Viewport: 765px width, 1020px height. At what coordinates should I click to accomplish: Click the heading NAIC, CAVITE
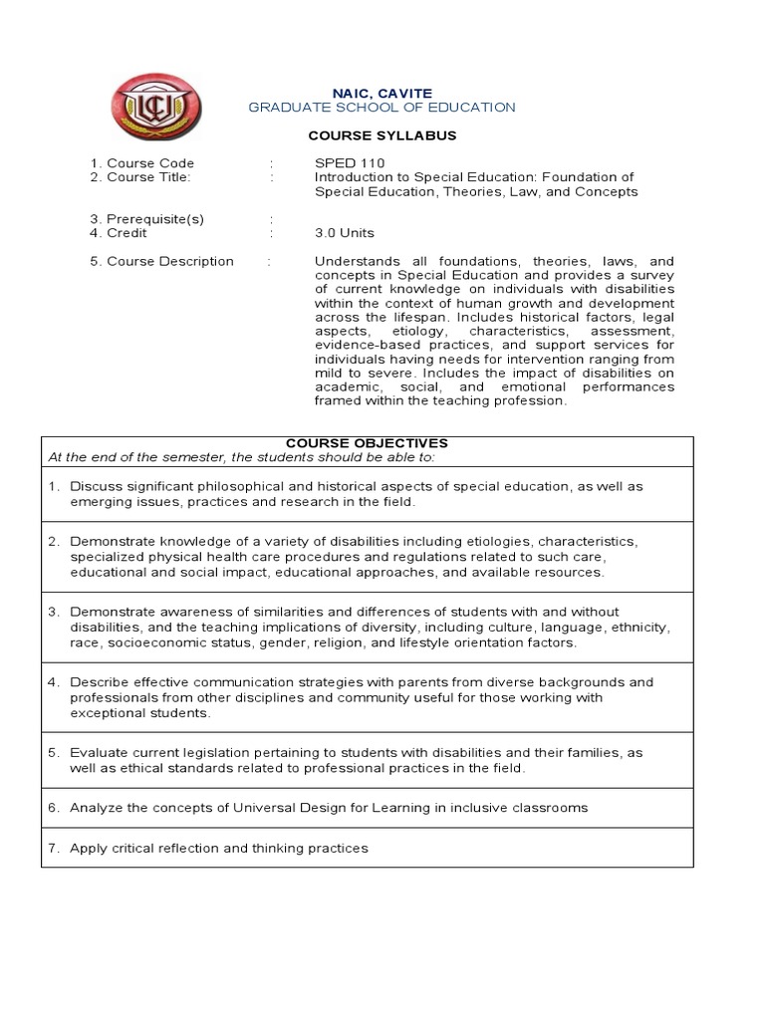(x=382, y=93)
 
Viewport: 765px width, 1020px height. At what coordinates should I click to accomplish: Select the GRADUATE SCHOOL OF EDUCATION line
(x=382, y=108)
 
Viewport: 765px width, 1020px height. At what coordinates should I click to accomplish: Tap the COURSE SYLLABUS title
(x=382, y=135)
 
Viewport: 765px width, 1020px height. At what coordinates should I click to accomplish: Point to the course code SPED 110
(x=349, y=163)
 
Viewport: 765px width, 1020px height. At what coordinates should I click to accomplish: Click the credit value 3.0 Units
(x=345, y=233)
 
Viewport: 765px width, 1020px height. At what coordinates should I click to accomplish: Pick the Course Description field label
(x=162, y=261)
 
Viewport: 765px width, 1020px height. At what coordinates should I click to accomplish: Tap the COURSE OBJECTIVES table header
(x=367, y=443)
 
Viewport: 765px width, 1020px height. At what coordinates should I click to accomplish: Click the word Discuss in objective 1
(x=94, y=486)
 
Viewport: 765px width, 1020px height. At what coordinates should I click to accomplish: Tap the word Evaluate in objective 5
(x=98, y=753)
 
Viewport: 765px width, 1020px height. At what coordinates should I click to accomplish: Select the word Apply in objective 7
(x=88, y=848)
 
